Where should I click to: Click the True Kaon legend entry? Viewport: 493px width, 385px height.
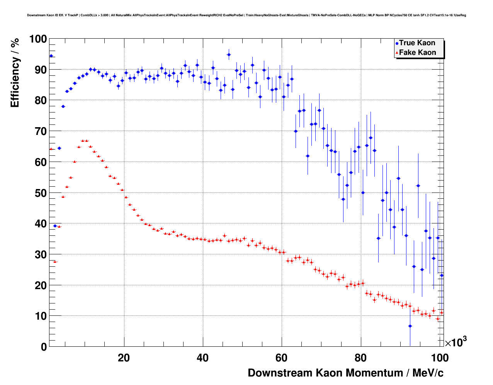[x=417, y=43]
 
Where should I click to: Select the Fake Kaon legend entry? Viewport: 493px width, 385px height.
[x=417, y=53]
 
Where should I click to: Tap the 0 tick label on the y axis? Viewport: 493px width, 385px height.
[x=44, y=347]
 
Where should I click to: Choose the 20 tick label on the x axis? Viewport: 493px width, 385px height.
[x=124, y=358]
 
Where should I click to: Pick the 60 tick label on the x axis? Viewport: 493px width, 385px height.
[x=281, y=358]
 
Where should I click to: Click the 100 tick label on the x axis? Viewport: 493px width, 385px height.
[x=440, y=358]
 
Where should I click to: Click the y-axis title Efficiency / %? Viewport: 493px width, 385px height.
[x=15, y=73]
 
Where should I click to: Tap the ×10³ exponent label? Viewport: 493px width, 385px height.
[x=456, y=342]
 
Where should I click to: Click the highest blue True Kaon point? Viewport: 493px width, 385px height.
[x=229, y=55]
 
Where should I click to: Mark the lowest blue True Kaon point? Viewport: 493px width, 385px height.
[x=410, y=326]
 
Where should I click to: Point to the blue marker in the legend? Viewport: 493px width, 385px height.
[x=397, y=44]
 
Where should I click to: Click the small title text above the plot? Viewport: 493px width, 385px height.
[x=246, y=15]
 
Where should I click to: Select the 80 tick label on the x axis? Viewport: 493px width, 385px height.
[x=360, y=358]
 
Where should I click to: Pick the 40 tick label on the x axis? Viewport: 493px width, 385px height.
[x=202, y=358]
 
